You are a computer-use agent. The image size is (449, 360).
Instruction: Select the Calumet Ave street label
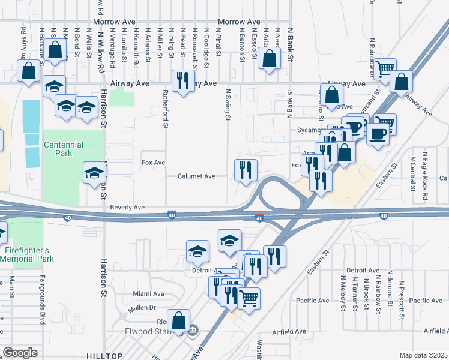(196, 176)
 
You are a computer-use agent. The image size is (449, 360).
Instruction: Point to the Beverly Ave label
(127, 207)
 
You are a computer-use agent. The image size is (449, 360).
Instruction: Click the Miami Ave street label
(149, 294)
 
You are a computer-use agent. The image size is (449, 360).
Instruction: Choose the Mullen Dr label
(142, 308)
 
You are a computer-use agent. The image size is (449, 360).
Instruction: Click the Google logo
(20, 353)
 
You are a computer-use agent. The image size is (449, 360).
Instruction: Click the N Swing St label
(228, 104)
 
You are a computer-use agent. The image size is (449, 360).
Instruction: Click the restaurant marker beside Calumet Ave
(245, 170)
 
